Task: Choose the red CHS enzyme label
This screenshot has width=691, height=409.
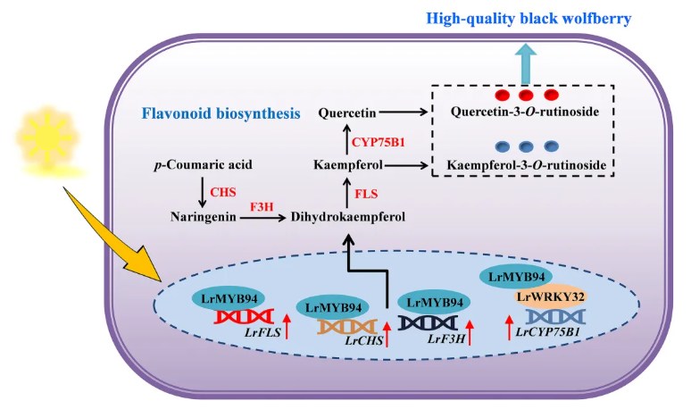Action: (223, 192)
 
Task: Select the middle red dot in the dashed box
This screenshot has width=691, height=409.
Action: (527, 95)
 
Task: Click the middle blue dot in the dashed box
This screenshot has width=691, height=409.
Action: (527, 146)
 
